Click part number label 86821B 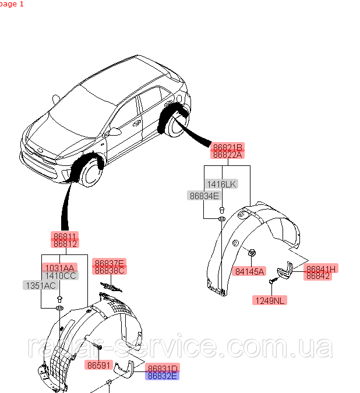coord(227,147)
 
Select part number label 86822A coord(227,155)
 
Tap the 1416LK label coord(221,184)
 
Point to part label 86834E coord(203,196)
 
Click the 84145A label coord(250,271)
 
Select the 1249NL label coord(270,300)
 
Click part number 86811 coord(65,236)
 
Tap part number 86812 coord(65,243)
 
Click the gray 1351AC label coord(40,285)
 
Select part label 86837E coord(110,263)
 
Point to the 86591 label coord(98,365)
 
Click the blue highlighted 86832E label coord(163,376)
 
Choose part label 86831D coord(163,368)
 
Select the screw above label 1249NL coord(272,282)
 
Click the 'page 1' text coord(12,4)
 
